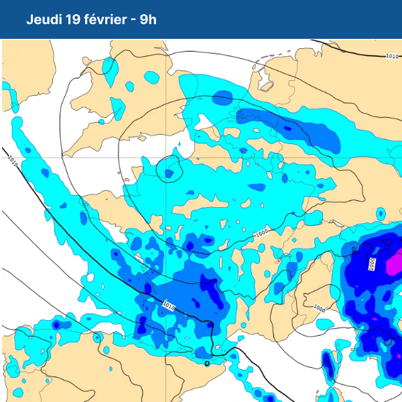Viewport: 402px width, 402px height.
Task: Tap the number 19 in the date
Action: [x=75, y=19]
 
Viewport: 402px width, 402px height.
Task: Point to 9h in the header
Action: [x=149, y=19]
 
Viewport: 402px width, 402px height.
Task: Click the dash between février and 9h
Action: [x=134, y=20]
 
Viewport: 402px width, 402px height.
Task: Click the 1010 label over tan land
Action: [x=393, y=56]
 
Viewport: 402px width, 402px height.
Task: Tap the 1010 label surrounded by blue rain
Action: [x=168, y=306]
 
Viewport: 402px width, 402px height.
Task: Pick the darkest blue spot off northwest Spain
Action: [x=56, y=325]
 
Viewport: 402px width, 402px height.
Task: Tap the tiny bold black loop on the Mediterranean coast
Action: [x=208, y=363]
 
